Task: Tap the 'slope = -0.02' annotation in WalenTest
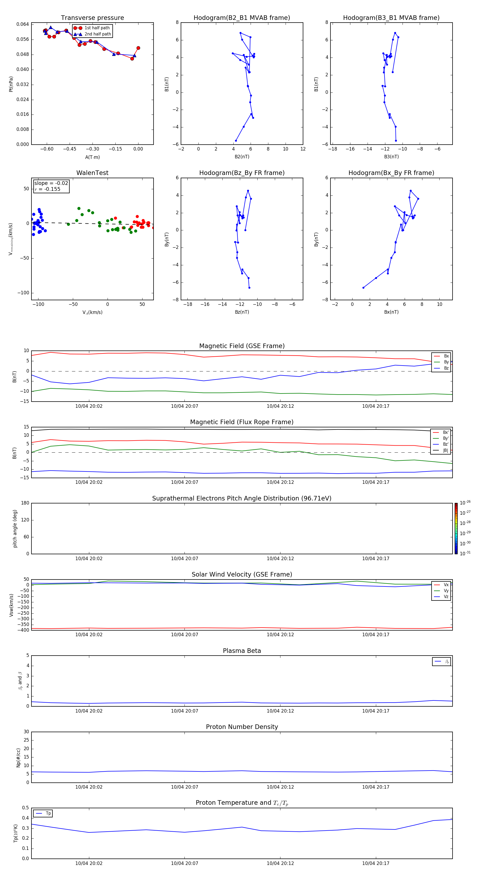[51, 183]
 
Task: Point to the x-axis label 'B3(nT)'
[391, 157]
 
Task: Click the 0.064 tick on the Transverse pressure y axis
[23, 24]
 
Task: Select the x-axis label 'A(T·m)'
[92, 157]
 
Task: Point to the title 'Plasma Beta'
[241, 651]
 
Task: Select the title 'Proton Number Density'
[241, 727]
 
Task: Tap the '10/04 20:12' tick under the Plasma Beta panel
[280, 711]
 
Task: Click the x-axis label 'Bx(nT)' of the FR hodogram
[391, 312]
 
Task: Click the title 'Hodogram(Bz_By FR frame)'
[241, 173]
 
